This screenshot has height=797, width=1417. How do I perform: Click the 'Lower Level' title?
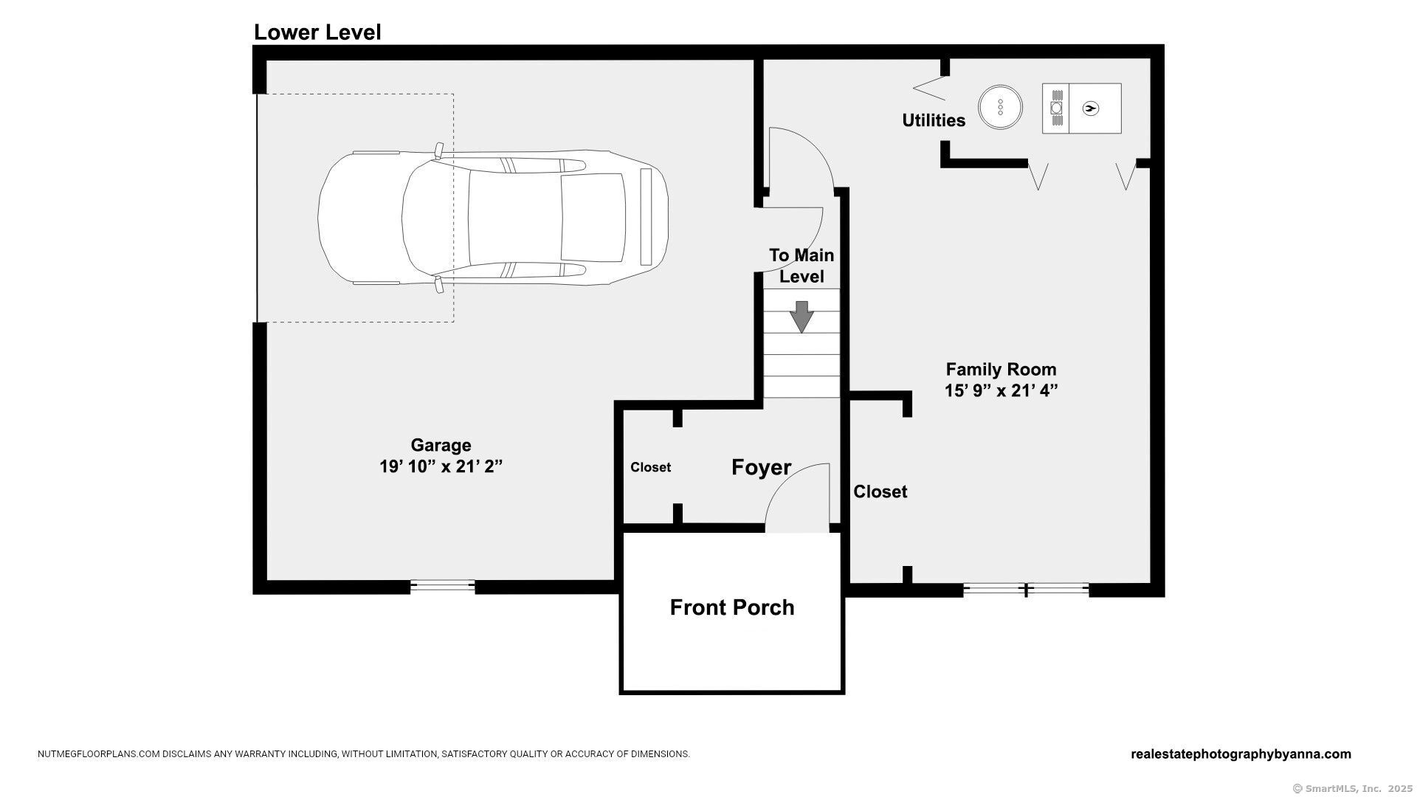point(317,32)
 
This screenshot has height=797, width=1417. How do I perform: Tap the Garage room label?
point(441,446)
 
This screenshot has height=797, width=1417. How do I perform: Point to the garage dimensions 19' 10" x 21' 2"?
point(441,466)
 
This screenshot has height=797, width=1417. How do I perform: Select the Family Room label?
point(1001,369)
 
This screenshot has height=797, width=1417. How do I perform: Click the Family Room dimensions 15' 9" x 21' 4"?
point(1001,390)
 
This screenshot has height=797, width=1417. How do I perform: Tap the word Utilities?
point(934,120)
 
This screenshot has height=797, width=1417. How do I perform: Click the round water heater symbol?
point(1000,108)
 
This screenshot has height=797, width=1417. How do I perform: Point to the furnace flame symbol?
point(1090,108)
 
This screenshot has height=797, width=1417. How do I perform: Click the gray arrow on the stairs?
point(801,317)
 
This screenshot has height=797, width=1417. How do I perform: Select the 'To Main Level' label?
point(801,266)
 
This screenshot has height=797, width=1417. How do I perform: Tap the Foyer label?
point(761,467)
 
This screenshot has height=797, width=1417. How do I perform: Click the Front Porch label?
point(732,607)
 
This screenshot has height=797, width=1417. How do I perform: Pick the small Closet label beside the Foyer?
point(650,467)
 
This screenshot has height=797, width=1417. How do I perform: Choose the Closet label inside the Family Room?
point(880,491)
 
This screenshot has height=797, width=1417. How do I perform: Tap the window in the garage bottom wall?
point(442,586)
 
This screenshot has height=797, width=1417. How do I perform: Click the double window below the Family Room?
point(1026,589)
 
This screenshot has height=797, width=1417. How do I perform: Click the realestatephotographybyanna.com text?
point(1241,754)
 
